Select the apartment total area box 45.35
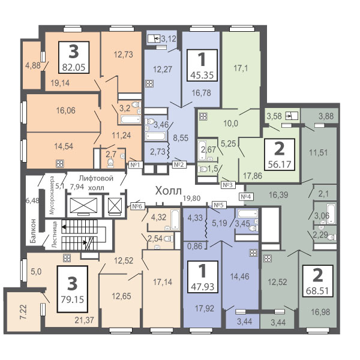[x=202, y=65]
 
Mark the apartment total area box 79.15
[x=73, y=290]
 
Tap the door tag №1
[x=134, y=164]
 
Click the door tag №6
[x=137, y=206]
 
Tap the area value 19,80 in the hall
[x=191, y=199]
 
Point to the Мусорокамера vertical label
[x=53, y=195]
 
